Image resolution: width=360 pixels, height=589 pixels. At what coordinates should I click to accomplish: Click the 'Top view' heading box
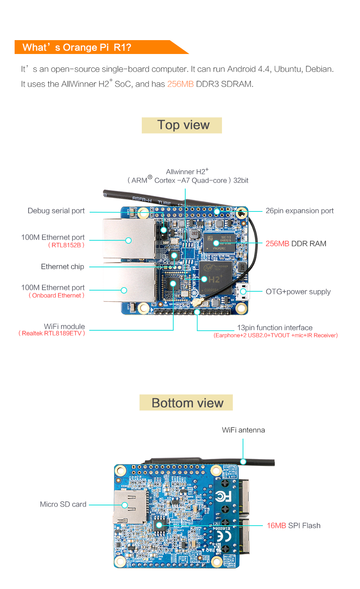point(182,125)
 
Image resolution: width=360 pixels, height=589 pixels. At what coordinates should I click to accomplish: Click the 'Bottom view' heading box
point(186,403)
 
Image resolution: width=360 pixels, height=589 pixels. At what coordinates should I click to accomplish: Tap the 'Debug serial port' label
point(56,211)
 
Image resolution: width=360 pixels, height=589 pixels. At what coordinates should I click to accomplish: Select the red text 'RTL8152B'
point(66,245)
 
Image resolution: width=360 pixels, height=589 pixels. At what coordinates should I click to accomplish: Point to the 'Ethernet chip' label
point(62,267)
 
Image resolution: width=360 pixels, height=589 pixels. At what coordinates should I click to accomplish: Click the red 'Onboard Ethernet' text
point(57,295)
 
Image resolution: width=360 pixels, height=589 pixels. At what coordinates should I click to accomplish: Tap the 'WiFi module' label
point(64,326)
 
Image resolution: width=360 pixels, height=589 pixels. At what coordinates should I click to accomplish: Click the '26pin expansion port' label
point(299,211)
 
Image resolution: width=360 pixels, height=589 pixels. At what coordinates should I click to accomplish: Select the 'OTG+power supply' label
point(298,292)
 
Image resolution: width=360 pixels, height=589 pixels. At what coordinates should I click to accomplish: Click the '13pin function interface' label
point(274,328)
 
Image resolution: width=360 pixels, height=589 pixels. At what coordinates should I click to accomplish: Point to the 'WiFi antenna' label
point(243,430)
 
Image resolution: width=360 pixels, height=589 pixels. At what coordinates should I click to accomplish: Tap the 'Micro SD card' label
point(63,504)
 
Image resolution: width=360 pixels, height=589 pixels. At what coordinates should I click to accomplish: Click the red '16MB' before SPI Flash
point(276,526)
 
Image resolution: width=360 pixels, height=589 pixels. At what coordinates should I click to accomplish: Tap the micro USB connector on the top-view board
point(243,291)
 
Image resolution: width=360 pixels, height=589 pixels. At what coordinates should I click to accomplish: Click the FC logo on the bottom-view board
point(223,497)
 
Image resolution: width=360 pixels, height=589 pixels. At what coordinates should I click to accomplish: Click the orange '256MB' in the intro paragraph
point(180,84)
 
